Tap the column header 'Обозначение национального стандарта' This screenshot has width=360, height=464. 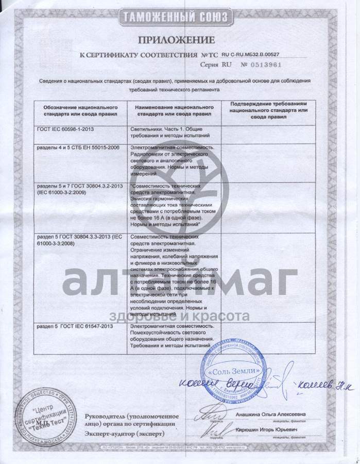pos(77,108)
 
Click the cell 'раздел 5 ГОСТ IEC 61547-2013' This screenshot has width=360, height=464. pos(75,327)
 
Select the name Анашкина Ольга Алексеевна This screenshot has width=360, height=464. pos(274,414)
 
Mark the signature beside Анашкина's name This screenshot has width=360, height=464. pos(211,412)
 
